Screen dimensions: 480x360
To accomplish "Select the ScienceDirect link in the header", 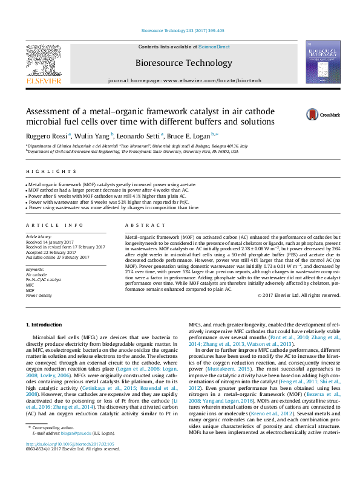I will (x=214, y=47).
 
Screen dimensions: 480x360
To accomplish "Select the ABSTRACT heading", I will (x=138, y=224).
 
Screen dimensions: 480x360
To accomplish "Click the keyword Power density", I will (x=39, y=296).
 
